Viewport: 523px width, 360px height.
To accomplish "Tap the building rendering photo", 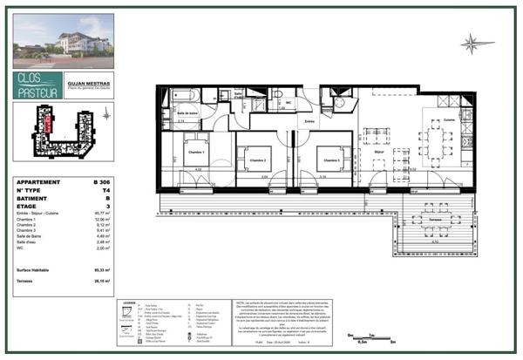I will click(x=64, y=40).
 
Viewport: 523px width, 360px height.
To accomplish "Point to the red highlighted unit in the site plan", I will click(x=48, y=126).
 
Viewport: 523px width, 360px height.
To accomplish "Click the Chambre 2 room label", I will click(x=255, y=160).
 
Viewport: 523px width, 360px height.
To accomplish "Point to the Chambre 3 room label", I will click(x=329, y=160).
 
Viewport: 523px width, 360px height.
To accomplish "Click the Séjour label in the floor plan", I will click(x=379, y=152).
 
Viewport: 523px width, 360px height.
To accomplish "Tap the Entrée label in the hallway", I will click(x=308, y=121).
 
